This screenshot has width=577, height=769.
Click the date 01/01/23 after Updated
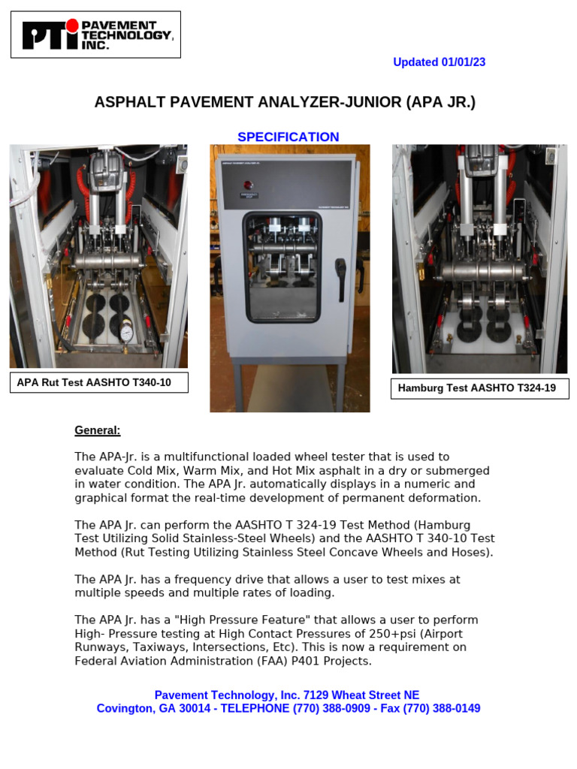pyautogui.click(x=464, y=62)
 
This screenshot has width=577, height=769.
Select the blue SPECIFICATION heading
pyautogui.click(x=288, y=137)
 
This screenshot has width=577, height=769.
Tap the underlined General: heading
pyautogui.click(x=97, y=430)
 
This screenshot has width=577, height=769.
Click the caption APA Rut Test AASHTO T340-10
pyautogui.click(x=94, y=383)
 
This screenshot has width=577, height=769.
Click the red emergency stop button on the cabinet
pyautogui.click(x=248, y=185)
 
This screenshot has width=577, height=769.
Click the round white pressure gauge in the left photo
pyautogui.click(x=126, y=331)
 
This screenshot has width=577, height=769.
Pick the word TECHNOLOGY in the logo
pyautogui.click(x=137, y=35)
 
